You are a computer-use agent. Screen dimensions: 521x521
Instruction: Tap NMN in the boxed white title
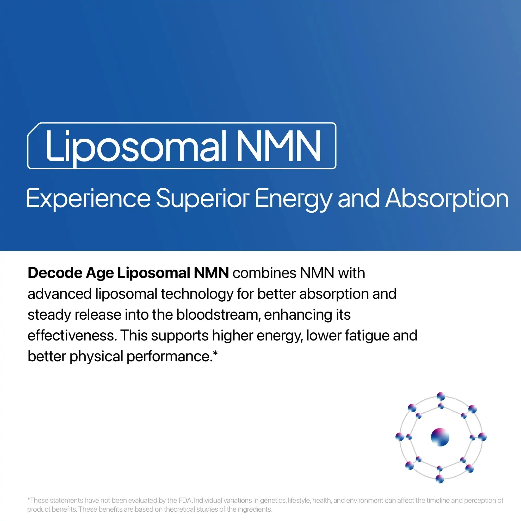click(278, 146)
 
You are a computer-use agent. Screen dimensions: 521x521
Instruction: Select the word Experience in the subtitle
click(88, 199)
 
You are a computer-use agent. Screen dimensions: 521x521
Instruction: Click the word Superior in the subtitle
click(203, 199)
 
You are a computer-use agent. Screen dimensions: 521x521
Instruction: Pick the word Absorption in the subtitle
click(446, 199)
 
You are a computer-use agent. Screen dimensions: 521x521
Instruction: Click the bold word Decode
click(55, 273)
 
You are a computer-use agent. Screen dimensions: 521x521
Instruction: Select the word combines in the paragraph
click(264, 273)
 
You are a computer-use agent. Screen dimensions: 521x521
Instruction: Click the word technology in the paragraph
click(197, 294)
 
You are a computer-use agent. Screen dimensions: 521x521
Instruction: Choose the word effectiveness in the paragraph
click(72, 336)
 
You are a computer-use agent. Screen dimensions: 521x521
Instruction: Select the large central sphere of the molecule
click(440, 437)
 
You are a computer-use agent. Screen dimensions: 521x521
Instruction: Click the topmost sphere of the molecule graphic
click(441, 396)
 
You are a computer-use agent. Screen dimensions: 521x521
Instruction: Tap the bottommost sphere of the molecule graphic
click(440, 479)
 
